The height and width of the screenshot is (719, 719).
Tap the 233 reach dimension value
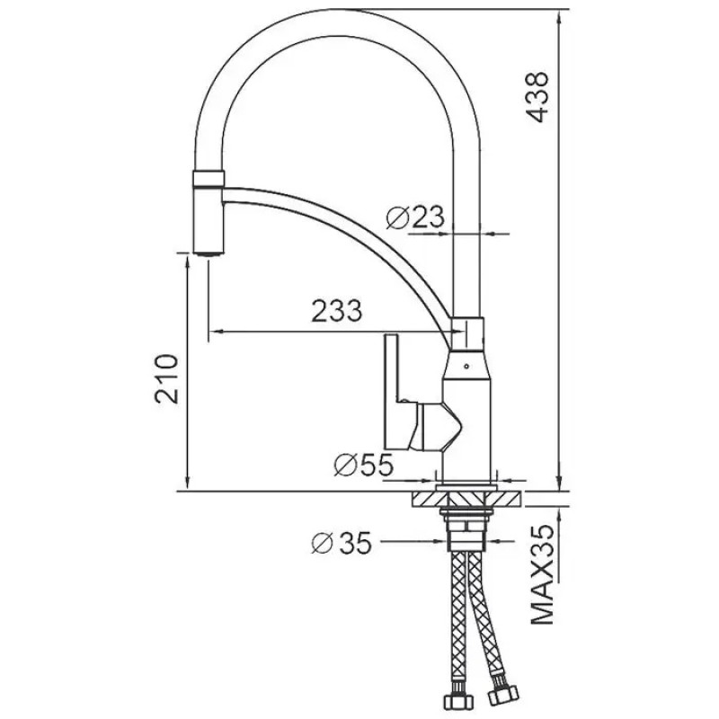335,312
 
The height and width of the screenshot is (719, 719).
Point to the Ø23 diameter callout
415,216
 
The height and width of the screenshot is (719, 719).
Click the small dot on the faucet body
466,366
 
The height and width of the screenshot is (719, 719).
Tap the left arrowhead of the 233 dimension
212,333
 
